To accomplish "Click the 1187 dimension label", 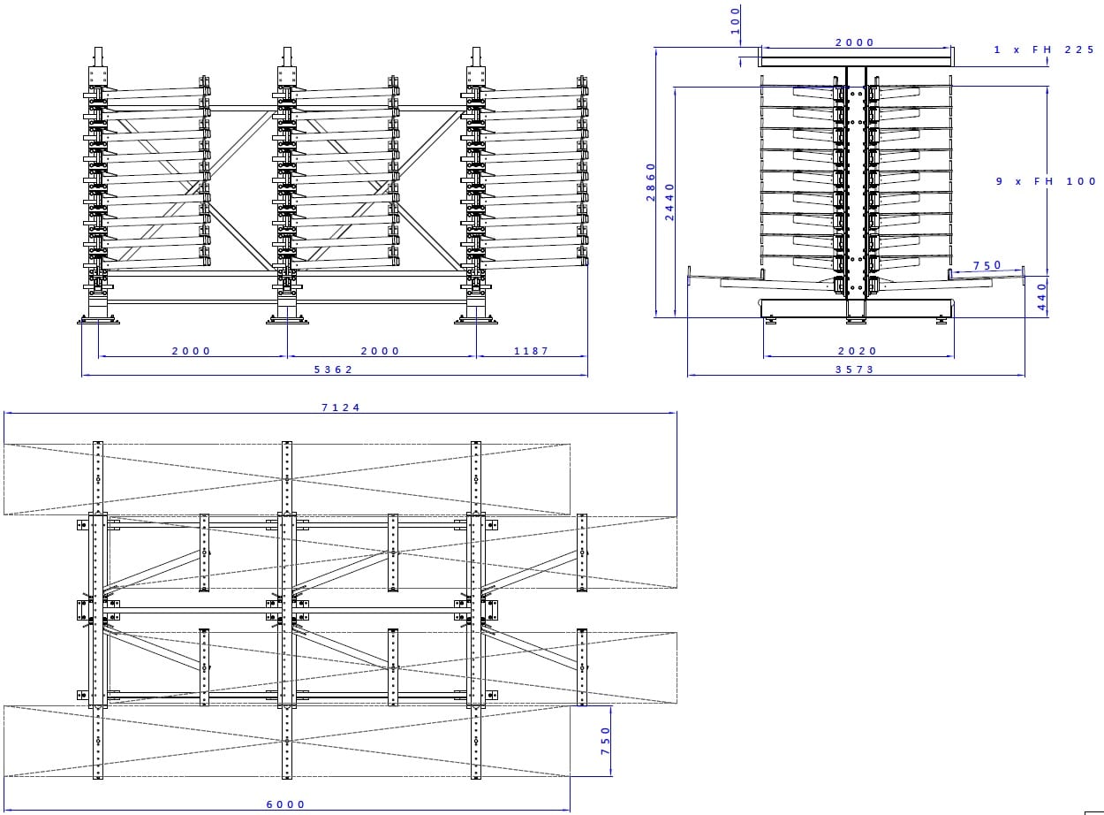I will point(531,351).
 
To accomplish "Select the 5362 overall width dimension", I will point(333,369).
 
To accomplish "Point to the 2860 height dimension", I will point(651,182).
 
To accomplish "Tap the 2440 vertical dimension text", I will point(669,202).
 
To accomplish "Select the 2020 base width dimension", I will point(856,351).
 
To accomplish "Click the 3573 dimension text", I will point(854,369).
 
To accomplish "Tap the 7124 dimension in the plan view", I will point(340,407).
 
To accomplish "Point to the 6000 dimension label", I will point(285,804).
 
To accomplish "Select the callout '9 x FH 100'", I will point(1046,181).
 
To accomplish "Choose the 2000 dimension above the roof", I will point(854,42).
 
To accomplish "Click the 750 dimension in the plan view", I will point(604,742).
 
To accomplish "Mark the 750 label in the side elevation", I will point(987,265).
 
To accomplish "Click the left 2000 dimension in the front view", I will point(191,351).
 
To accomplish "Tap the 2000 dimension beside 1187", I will point(380,351).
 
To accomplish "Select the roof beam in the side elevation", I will point(856,61).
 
